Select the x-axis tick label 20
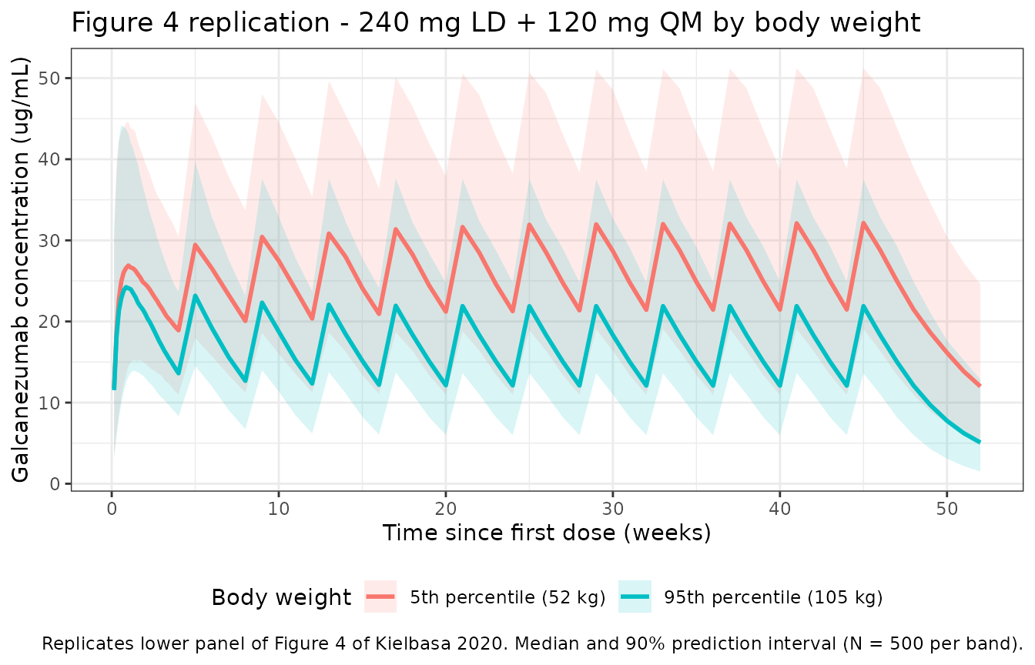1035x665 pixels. [x=445, y=509]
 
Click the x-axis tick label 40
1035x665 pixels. [x=779, y=509]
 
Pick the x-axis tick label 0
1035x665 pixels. [x=112, y=509]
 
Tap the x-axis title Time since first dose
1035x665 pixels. [x=547, y=533]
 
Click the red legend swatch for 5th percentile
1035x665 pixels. [x=380, y=596]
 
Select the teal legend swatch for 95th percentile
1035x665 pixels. [x=635, y=596]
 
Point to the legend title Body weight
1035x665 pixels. [x=281, y=597]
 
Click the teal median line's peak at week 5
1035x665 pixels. [x=196, y=296]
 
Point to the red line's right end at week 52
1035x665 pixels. [x=980, y=386]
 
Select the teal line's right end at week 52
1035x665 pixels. [x=980, y=443]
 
